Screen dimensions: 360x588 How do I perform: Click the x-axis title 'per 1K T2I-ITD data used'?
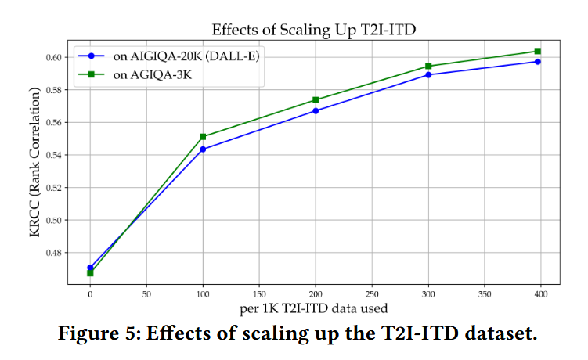315,310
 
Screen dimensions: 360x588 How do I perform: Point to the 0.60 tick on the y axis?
56,57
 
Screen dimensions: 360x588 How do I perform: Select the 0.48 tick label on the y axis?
56,253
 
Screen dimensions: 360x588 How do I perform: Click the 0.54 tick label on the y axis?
56,155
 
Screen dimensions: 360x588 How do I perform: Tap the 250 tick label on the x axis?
372,296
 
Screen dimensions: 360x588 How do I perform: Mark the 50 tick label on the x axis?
146,296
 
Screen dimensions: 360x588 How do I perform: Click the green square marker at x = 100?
203,137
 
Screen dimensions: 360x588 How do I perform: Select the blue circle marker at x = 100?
203,149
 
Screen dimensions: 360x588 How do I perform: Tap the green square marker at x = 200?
316,100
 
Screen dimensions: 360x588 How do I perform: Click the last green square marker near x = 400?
538,51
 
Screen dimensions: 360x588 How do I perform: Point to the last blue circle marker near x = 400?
538,61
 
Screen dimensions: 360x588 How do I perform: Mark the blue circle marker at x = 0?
90,268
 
